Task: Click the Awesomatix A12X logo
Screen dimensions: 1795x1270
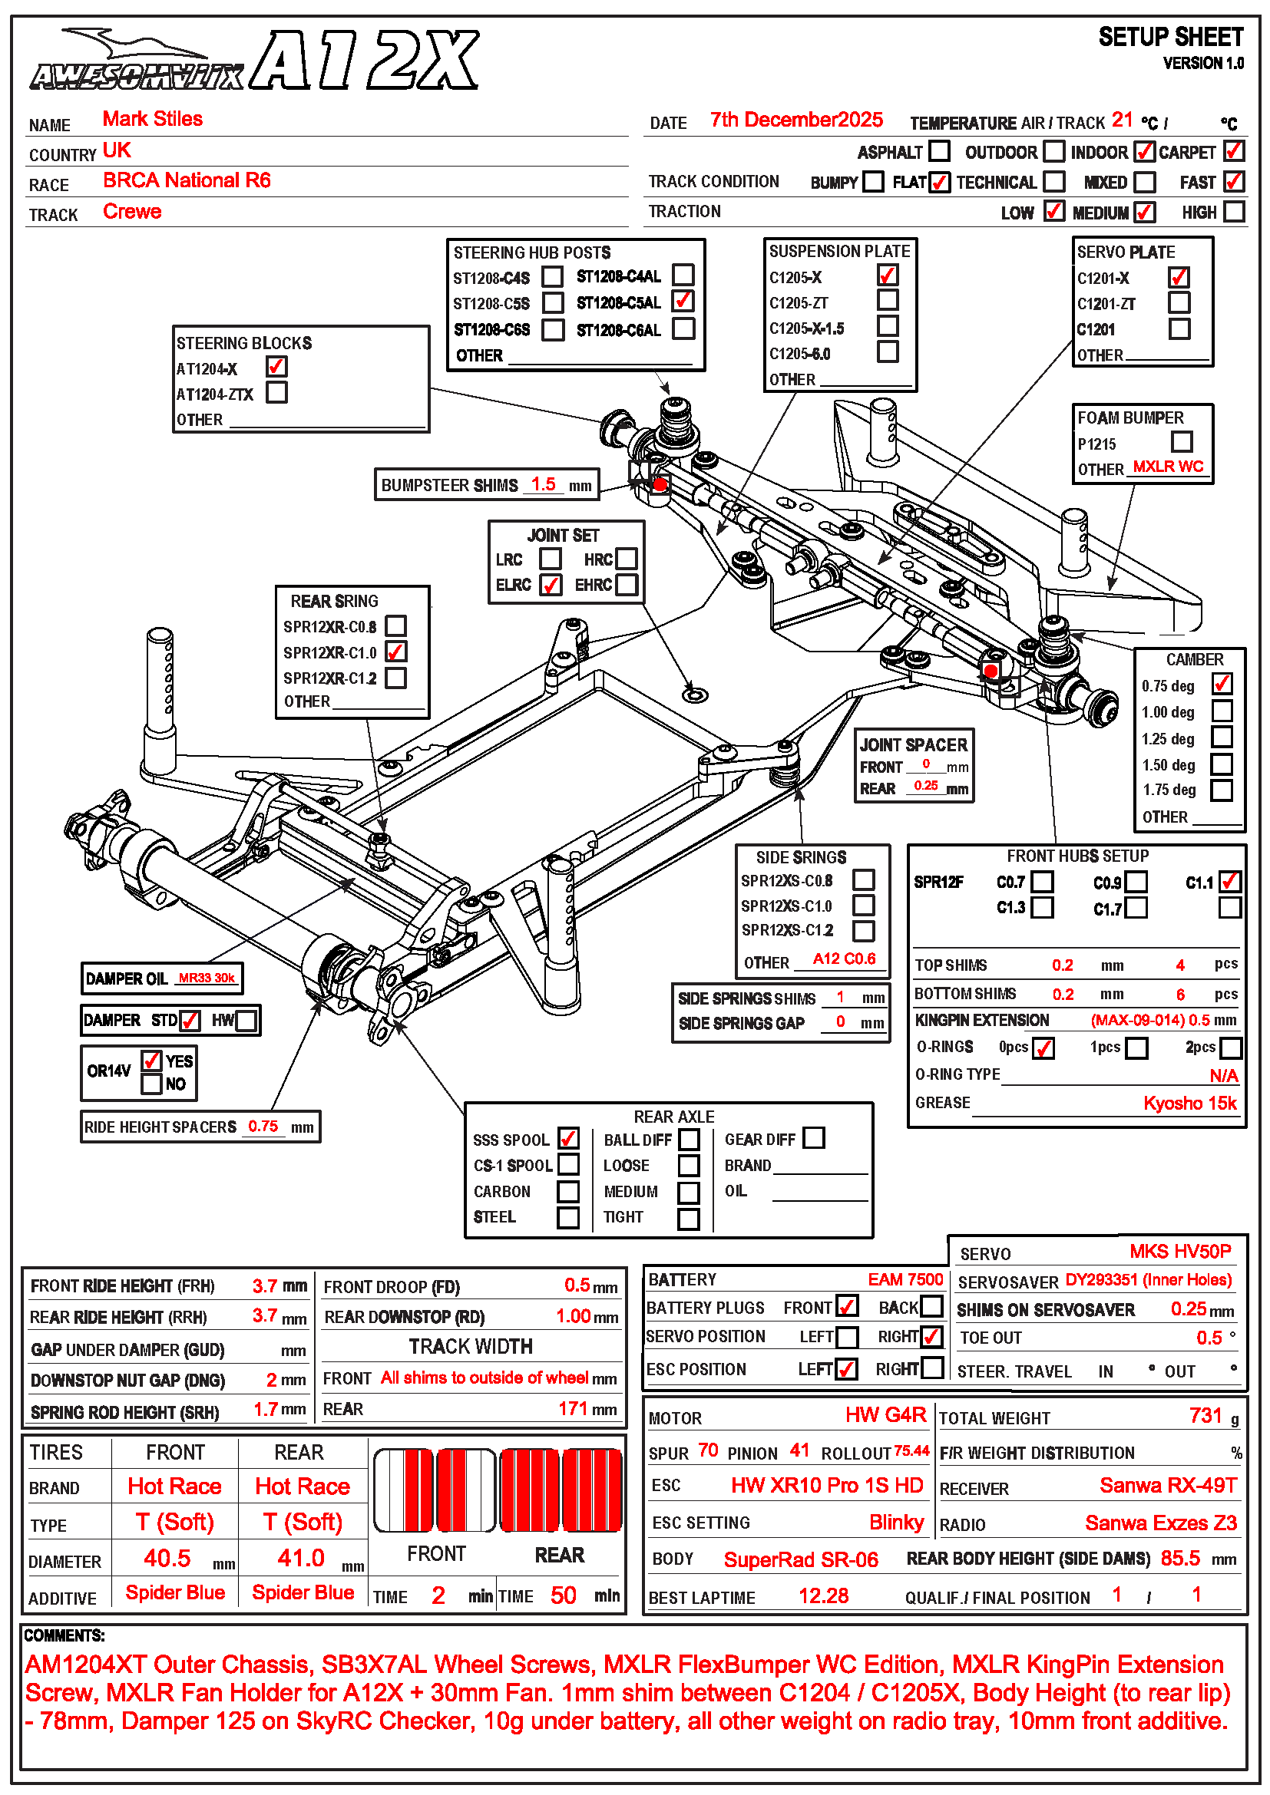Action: tap(254, 61)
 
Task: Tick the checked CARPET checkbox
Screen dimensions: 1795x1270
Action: tap(1234, 150)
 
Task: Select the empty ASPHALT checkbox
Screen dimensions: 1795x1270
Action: tap(939, 150)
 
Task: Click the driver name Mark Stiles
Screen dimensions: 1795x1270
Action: tap(153, 119)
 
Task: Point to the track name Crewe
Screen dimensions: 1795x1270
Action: tap(132, 212)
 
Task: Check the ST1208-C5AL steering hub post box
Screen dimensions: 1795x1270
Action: tap(683, 300)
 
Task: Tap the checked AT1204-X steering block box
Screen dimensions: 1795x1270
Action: tap(276, 366)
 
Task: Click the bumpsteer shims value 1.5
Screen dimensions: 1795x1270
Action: tap(544, 484)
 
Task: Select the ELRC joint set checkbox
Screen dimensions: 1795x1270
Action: tap(551, 585)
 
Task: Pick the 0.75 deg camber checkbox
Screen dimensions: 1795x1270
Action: tap(1222, 683)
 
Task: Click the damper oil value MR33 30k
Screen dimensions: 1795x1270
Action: tap(207, 978)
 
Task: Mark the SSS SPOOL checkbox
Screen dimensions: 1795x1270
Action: tap(568, 1138)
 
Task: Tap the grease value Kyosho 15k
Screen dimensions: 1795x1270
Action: tap(1189, 1103)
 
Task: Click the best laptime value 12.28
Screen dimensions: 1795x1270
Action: tap(823, 1595)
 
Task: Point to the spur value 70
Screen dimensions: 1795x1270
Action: tap(708, 1451)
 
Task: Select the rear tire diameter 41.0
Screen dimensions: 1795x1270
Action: tap(301, 1558)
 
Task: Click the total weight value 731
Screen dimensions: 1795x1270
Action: tap(1205, 1416)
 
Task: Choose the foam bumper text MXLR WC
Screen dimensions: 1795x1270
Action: tap(1168, 467)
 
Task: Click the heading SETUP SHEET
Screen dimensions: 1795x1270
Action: tap(1171, 37)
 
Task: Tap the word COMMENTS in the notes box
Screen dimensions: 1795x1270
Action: tap(64, 1635)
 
